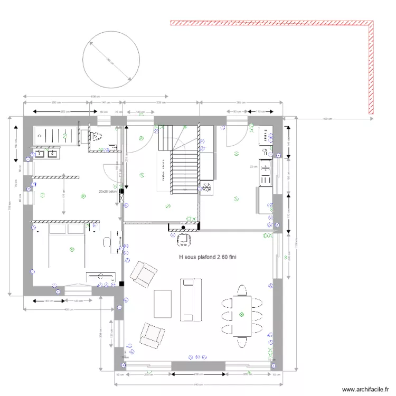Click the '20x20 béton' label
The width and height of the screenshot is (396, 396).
(109, 192)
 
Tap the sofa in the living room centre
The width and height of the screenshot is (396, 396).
(190, 300)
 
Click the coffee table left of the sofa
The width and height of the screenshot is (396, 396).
(163, 304)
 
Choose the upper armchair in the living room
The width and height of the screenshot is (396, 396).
(144, 272)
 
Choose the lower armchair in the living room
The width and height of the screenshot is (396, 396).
(152, 334)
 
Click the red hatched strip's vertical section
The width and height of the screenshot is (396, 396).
(371, 69)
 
